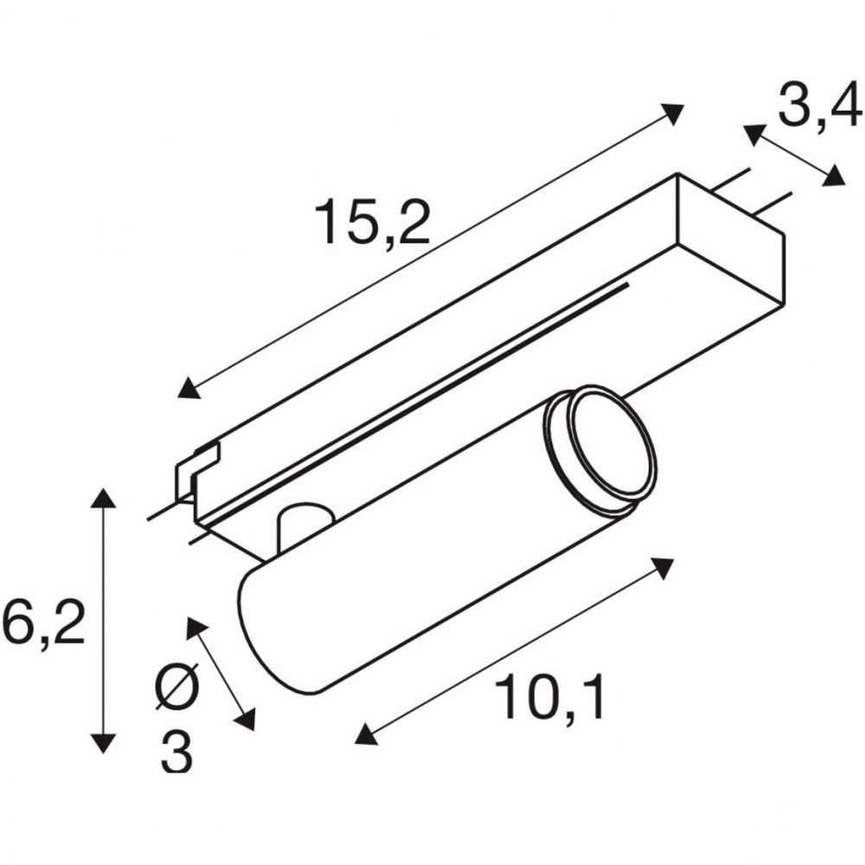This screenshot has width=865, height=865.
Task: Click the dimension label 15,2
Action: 372,221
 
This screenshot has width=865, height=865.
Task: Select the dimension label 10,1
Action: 550,696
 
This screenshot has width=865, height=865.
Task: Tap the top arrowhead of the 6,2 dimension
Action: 103,497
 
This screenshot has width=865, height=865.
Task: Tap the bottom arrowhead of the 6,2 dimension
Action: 103,743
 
